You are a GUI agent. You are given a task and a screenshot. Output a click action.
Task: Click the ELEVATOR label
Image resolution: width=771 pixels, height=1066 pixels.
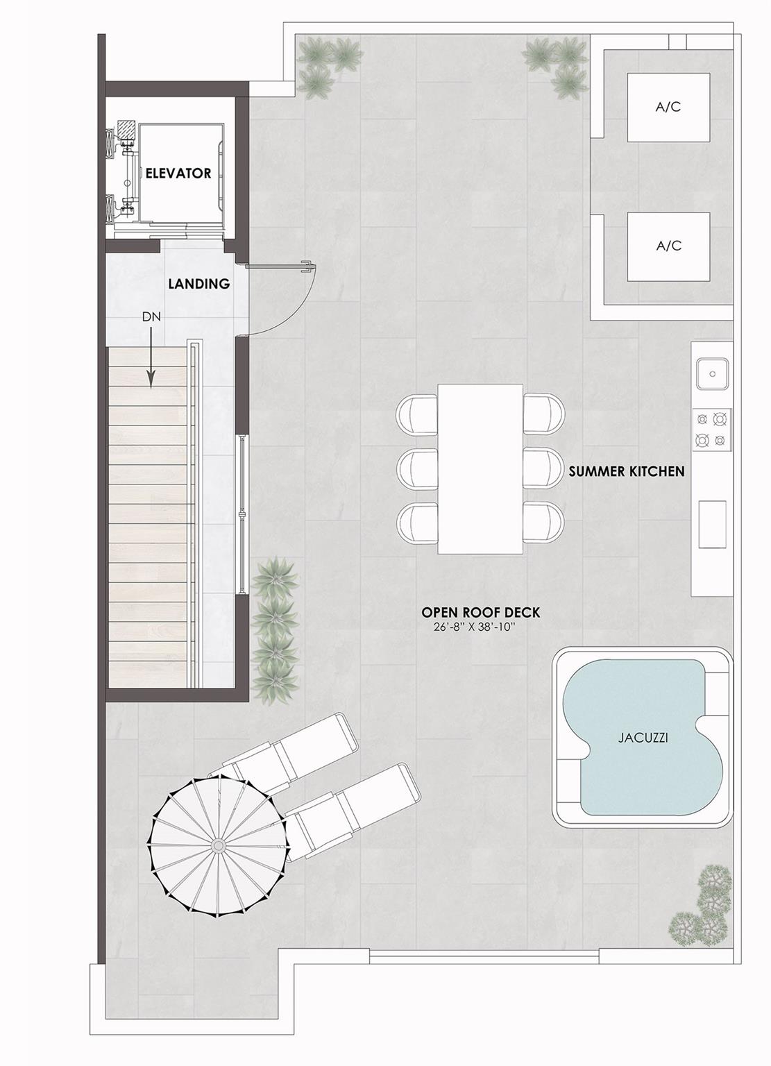pyautogui.click(x=178, y=174)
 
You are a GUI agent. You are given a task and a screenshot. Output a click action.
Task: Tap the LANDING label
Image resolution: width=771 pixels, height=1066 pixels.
pyautogui.click(x=199, y=284)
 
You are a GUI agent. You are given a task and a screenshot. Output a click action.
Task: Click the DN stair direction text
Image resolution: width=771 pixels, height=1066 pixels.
pyautogui.click(x=151, y=317)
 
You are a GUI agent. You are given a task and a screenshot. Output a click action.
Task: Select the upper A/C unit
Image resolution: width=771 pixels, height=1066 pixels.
pyautogui.click(x=669, y=107)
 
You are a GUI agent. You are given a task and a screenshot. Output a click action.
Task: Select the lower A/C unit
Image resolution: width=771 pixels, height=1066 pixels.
pyautogui.click(x=669, y=246)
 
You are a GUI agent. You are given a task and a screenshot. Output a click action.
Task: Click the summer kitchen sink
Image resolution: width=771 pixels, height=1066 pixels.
pyautogui.click(x=713, y=374)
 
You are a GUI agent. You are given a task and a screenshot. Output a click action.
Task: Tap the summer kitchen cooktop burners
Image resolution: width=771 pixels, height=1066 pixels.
pyautogui.click(x=712, y=430)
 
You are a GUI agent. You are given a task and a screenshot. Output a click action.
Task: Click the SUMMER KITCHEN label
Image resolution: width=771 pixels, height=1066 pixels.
pyautogui.click(x=627, y=472)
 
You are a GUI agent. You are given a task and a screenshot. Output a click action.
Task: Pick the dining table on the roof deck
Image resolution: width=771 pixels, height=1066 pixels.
pyautogui.click(x=480, y=468)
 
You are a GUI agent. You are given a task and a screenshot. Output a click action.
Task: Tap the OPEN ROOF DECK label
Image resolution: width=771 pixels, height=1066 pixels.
pyautogui.click(x=481, y=612)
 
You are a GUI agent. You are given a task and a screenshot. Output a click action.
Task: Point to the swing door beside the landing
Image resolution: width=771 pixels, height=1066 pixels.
pyautogui.click(x=281, y=299)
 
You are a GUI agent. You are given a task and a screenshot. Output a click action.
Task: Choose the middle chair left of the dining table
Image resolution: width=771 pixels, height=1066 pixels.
pyautogui.click(x=417, y=468)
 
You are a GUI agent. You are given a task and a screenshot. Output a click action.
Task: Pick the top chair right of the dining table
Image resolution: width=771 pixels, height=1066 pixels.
pyautogui.click(x=543, y=414)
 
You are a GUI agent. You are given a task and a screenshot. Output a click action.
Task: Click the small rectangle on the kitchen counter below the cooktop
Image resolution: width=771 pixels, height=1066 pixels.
pyautogui.click(x=713, y=525)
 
